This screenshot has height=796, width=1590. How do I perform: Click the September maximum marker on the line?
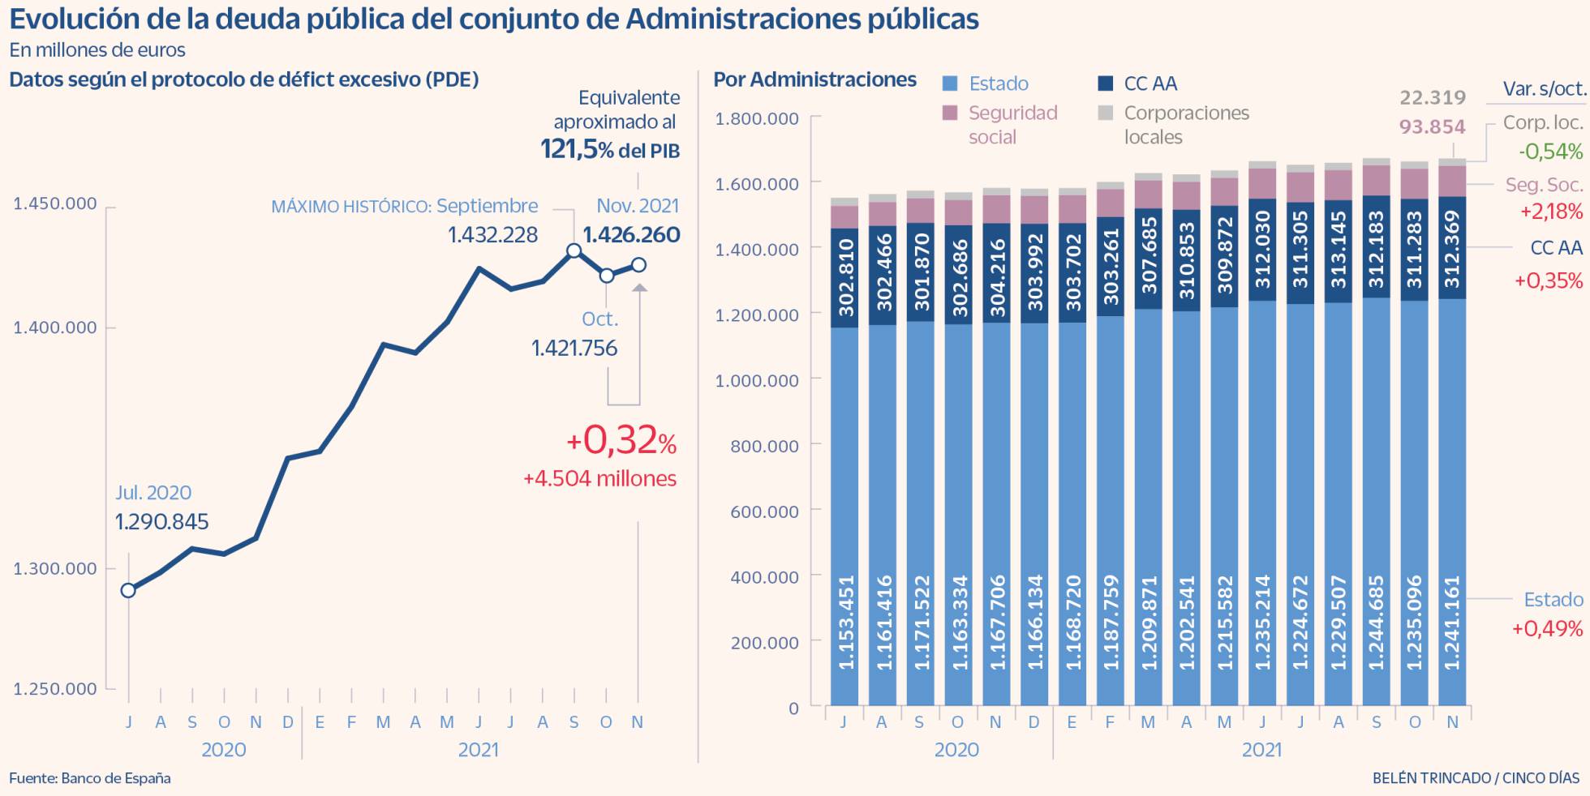(574, 250)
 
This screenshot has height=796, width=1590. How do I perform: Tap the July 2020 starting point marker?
(128, 590)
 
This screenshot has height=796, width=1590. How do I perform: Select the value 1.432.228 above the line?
(492, 235)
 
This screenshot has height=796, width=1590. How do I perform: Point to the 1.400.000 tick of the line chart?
(54, 327)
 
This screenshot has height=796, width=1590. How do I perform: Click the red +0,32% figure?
(621, 441)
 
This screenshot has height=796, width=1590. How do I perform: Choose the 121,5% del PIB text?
(610, 150)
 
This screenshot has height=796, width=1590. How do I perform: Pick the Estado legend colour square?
(951, 83)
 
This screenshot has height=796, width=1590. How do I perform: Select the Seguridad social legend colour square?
(951, 113)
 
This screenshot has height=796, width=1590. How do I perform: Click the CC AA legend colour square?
(1106, 83)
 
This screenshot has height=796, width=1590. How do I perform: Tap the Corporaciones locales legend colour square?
(1106, 113)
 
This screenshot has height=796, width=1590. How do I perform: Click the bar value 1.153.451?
(845, 623)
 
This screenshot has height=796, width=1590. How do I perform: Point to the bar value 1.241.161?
(1452, 623)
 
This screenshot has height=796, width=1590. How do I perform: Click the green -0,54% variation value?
(1550, 152)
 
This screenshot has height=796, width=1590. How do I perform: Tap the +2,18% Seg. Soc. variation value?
(1550, 212)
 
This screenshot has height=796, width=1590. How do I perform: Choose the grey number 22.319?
(1433, 98)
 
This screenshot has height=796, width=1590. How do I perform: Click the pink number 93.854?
(1433, 127)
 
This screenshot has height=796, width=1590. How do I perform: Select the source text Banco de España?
(115, 778)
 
